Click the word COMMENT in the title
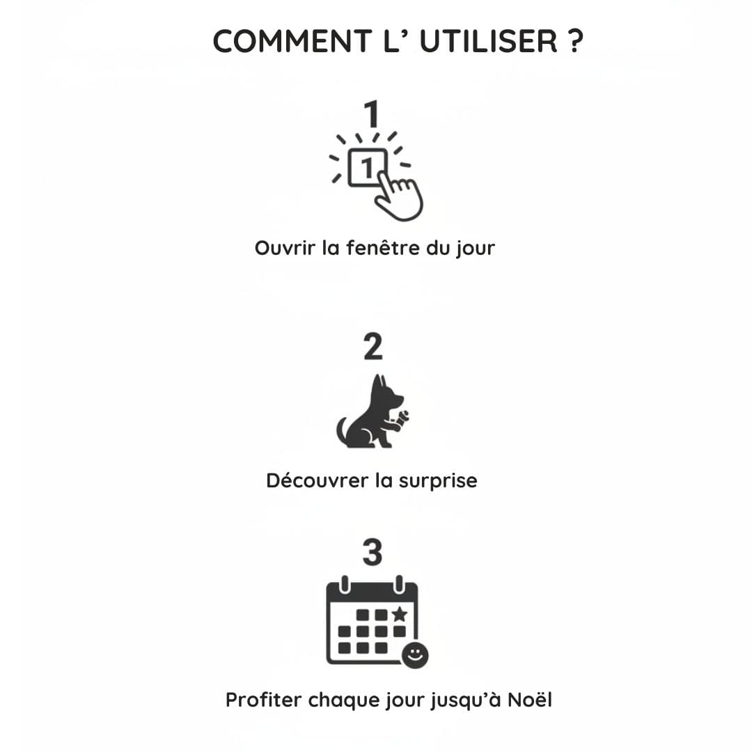coord(292,41)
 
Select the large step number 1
coord(372,114)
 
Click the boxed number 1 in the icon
coord(368,167)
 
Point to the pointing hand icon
coord(399,196)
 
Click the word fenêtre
coord(383,248)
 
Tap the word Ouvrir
coord(285,248)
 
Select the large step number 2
coord(373,346)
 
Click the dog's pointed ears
coord(380,384)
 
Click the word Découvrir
coord(317,480)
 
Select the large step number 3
coord(373,552)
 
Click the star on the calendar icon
coord(400,614)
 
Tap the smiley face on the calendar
coord(415,655)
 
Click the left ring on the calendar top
coord(344,585)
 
